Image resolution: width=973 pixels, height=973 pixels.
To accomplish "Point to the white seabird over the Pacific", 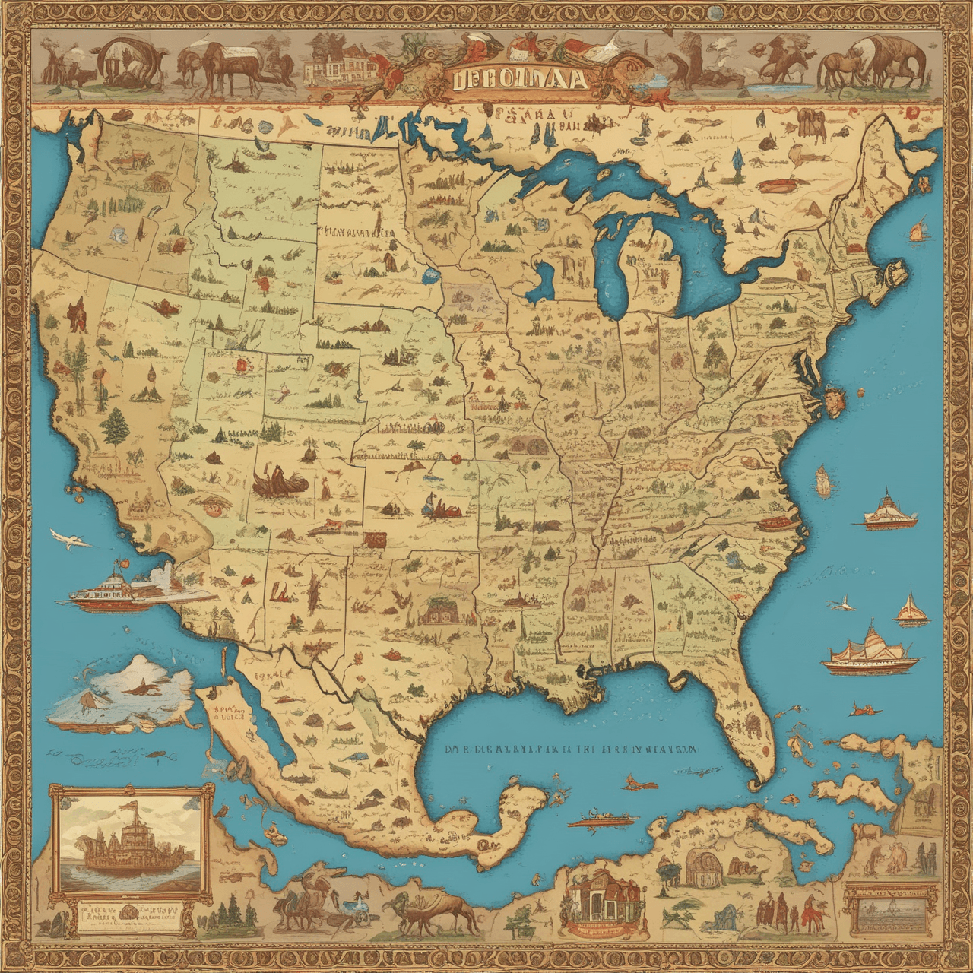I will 71,540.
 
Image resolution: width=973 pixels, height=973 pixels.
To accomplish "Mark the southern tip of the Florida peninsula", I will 756,780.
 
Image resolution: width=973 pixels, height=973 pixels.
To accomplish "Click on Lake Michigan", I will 613,266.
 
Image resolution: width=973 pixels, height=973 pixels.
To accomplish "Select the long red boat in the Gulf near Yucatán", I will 604,820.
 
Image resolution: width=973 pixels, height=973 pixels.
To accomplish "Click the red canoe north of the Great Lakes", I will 776,185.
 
